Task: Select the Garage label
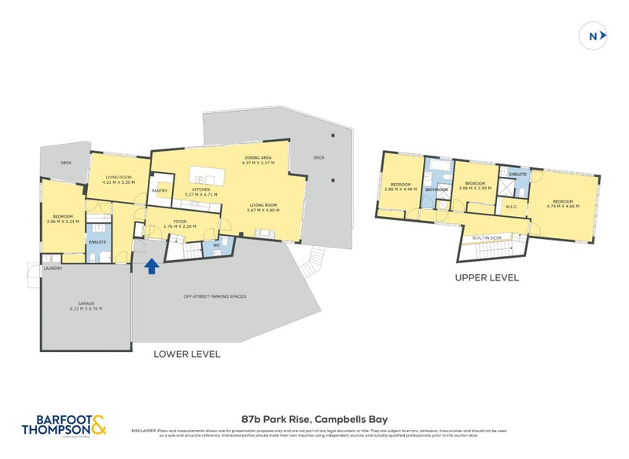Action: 86,304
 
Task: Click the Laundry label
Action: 53,269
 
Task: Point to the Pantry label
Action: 160,190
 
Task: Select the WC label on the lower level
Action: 215,245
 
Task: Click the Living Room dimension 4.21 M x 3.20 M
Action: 119,182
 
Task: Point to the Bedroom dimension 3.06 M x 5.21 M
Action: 63,221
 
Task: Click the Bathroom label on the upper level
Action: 436,189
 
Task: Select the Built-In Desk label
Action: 487,237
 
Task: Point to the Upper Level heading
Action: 486,278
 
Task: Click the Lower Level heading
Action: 186,354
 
